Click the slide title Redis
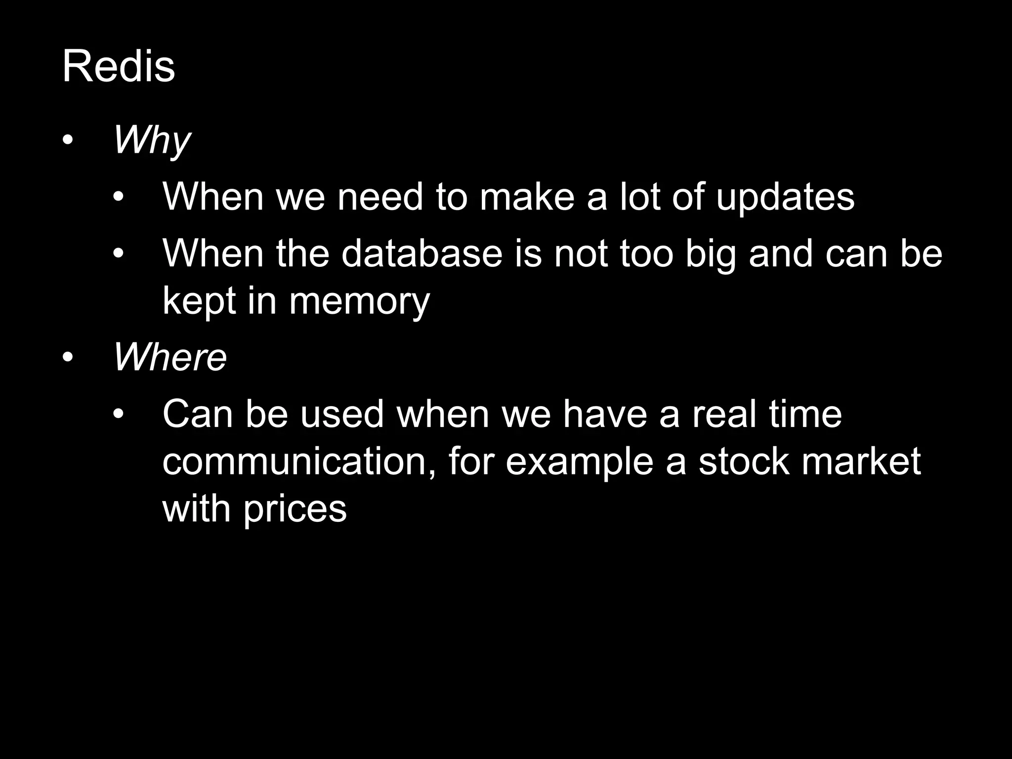click(x=119, y=67)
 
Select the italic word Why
click(x=152, y=141)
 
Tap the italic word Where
click(x=170, y=357)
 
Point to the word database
click(x=422, y=254)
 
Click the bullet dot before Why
click(x=68, y=141)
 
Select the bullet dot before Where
click(x=68, y=357)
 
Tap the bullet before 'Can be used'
click(x=118, y=414)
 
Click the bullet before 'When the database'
click(x=118, y=254)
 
